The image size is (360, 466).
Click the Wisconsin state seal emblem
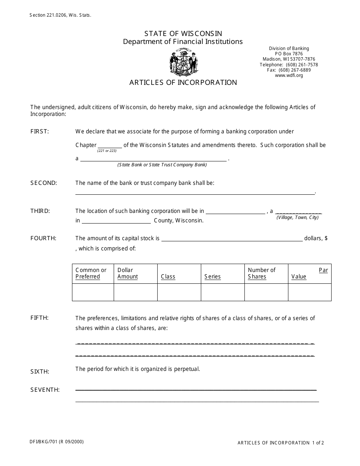184,63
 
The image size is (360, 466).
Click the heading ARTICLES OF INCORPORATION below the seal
183,83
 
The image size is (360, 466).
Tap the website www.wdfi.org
289,75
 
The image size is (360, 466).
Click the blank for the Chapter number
110,145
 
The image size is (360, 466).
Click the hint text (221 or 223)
107,151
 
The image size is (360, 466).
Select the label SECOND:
44,183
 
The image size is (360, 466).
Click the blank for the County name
116,220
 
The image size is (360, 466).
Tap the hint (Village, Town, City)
297,217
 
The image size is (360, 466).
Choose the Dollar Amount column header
127,274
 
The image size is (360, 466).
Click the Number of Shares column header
261,274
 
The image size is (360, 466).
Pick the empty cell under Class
179,292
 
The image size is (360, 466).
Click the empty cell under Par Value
310,292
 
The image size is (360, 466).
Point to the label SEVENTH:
45,390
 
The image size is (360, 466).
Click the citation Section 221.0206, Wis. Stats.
60,16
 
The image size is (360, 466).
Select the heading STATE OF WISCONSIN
183,34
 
